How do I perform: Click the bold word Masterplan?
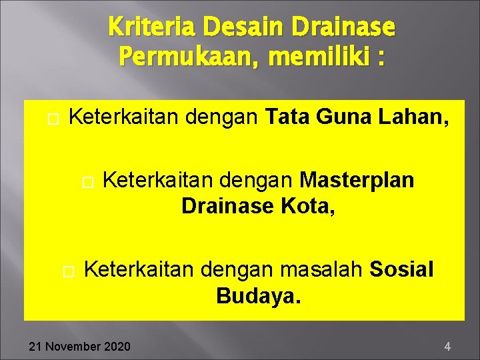(x=357, y=180)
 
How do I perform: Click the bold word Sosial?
(x=401, y=269)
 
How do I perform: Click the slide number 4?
(x=447, y=346)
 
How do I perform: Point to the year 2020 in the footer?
(x=118, y=346)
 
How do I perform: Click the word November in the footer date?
(x=72, y=346)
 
